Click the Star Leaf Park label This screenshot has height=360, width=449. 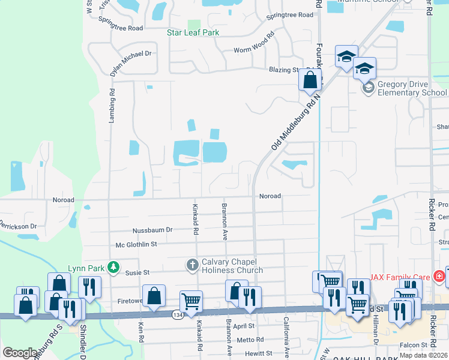click(193, 32)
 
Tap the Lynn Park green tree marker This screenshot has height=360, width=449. click(112, 267)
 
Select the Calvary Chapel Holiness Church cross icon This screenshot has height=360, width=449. click(192, 265)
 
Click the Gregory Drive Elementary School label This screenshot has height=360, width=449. click(412, 88)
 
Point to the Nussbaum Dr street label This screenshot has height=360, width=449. click(152, 230)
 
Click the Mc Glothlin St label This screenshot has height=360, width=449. click(136, 244)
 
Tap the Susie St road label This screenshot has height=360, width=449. click(137, 272)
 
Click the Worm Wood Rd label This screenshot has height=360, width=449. click(253, 50)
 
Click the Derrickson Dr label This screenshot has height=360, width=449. click(17, 226)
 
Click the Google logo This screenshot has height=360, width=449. click(20, 353)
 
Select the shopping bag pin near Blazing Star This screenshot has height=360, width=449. click(310, 80)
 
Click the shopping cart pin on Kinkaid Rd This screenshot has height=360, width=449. click(191, 302)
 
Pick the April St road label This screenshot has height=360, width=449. click(244, 326)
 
